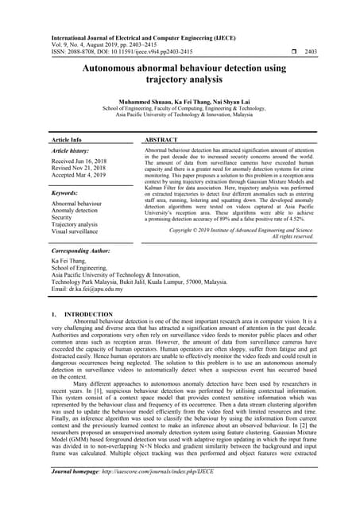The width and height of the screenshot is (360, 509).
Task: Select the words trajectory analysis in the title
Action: (x=179, y=81)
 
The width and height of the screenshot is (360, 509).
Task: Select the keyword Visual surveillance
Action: (x=83, y=232)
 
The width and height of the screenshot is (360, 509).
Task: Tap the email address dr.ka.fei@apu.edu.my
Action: (x=87, y=289)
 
